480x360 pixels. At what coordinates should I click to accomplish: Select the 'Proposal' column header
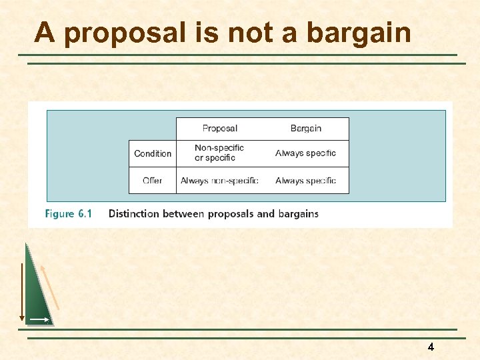point(219,128)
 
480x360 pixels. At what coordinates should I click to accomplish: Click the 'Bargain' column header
point(306,128)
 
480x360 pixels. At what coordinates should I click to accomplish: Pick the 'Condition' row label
point(153,153)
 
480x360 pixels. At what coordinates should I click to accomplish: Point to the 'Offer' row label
point(153,180)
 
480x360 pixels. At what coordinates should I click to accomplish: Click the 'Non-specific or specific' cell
point(219,153)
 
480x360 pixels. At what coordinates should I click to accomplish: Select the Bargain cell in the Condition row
point(306,153)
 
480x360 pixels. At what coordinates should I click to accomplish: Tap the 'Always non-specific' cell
point(219,180)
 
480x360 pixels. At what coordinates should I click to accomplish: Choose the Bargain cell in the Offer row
point(306,180)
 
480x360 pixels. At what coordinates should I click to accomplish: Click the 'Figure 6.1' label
point(69,214)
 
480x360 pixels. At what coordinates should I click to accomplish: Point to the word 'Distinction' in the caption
point(135,214)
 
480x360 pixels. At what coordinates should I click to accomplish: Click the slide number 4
point(431,347)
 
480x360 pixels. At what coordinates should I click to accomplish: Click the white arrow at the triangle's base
point(39,320)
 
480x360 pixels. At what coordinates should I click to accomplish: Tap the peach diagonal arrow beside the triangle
point(50,287)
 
